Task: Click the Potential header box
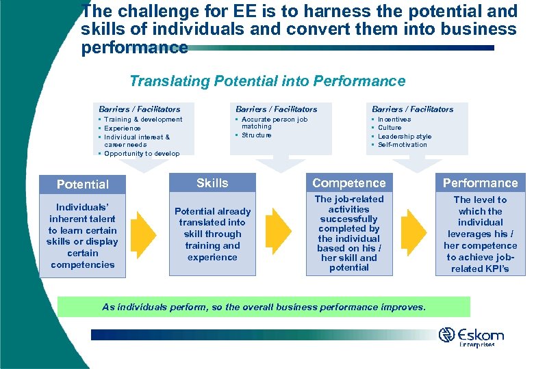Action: click(x=82, y=184)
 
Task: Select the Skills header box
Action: click(x=212, y=183)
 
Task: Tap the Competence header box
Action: click(x=348, y=183)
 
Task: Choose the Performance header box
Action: click(x=480, y=183)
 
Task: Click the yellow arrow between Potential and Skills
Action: click(x=144, y=231)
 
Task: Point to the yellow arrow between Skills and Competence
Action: click(x=278, y=231)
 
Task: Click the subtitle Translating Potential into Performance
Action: click(x=267, y=81)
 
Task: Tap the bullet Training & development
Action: click(x=143, y=120)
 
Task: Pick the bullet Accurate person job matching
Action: click(x=275, y=123)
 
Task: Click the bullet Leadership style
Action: click(x=405, y=137)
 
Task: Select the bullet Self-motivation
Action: click(x=402, y=145)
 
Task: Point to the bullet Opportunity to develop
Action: click(x=142, y=154)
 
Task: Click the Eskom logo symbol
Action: click(x=447, y=335)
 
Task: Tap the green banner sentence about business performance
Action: click(x=264, y=307)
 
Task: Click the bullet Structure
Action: click(x=256, y=135)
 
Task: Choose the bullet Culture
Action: click(x=390, y=128)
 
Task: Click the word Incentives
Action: click(x=394, y=120)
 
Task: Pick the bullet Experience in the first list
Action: click(x=122, y=128)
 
